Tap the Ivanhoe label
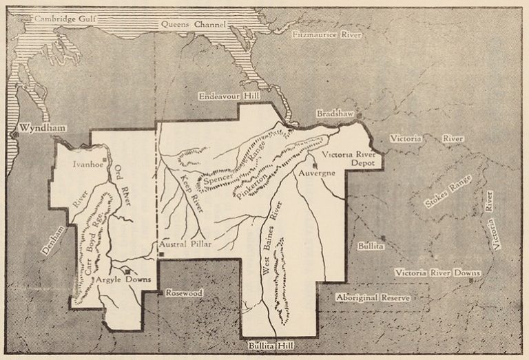pos(87,165)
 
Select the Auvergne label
pos(317,173)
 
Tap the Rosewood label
pos(184,293)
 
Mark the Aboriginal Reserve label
pos(373,298)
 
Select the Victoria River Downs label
pos(437,273)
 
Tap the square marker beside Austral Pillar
pos(160,254)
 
